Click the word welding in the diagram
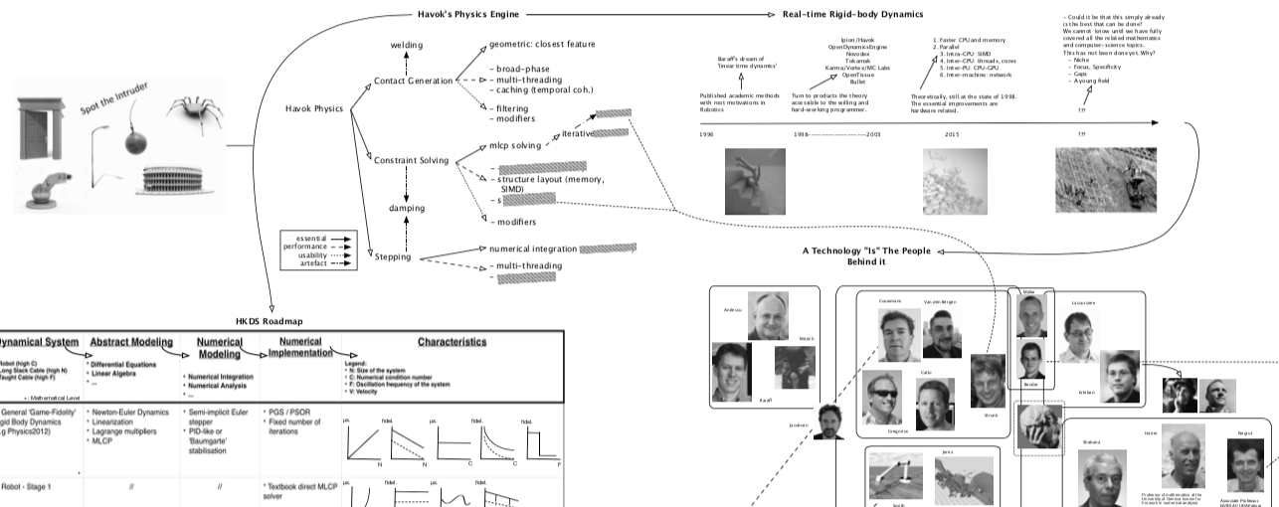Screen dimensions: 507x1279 pos(406,46)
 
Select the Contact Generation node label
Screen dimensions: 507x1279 pos(412,81)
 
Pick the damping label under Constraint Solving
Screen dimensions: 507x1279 pos(407,208)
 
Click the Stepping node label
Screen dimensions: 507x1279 pos(393,257)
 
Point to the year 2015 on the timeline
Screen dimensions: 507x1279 pos(952,132)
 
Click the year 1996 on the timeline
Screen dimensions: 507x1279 pos(706,132)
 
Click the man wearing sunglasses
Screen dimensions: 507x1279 pos(884,399)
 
